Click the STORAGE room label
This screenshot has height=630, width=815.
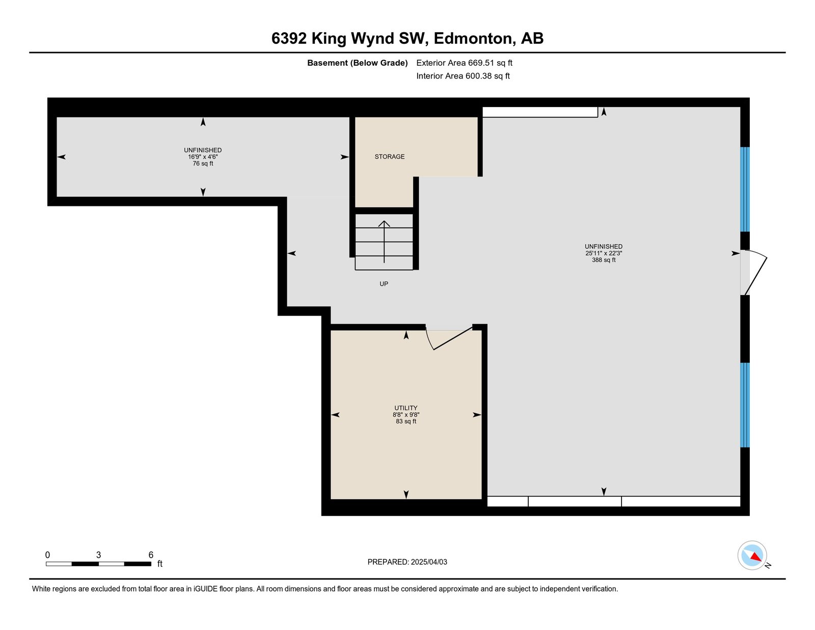click(x=389, y=156)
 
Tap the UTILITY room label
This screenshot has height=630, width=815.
click(x=406, y=408)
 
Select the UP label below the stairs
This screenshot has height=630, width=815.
click(x=384, y=284)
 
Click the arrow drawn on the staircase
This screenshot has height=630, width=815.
click(x=384, y=242)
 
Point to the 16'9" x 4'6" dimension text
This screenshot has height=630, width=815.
click(x=203, y=157)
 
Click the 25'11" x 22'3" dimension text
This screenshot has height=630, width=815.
click(x=604, y=253)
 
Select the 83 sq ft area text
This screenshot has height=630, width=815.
click(x=406, y=422)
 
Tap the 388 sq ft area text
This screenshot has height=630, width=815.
click(x=604, y=259)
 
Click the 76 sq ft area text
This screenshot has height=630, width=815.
click(x=203, y=164)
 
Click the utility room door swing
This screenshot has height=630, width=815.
click(x=449, y=338)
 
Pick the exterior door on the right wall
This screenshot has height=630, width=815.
click(x=753, y=272)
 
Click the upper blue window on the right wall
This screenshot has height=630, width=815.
click(x=745, y=190)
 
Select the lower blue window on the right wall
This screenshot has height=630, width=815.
click(x=745, y=405)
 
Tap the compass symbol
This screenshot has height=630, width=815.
click(x=752, y=556)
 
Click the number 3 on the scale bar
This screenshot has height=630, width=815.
click(x=98, y=555)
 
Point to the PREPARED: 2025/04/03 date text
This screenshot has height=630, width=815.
click(x=407, y=562)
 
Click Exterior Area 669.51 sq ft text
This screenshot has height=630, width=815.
click(x=465, y=63)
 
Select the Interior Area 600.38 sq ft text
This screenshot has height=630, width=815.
click(x=463, y=76)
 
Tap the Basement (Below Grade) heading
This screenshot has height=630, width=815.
click(x=358, y=63)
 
